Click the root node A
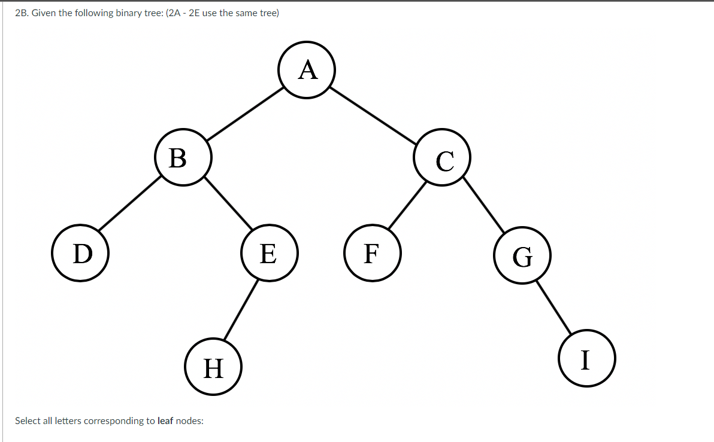coord(307,70)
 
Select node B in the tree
coord(183,157)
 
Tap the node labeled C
coord(443,157)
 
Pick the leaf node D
coord(80,253)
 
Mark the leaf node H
coord(213,367)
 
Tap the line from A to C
coord(374,115)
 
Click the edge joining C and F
coord(408,205)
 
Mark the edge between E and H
coord(241,310)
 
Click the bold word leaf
coord(165,420)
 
